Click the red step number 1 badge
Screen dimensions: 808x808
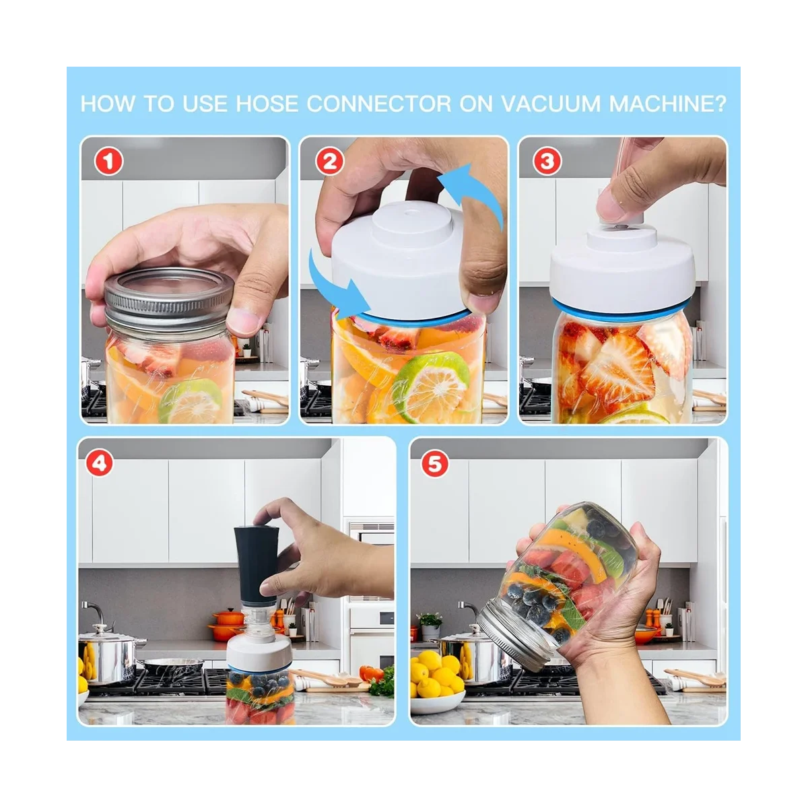point(108,162)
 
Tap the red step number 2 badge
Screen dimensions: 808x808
point(329,162)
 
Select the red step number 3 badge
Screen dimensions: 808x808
point(547,162)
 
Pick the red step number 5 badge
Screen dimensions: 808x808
point(435,464)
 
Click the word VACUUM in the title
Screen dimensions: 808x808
point(551,104)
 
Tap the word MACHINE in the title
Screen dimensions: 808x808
point(663,104)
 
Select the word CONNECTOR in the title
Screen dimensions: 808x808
point(379,104)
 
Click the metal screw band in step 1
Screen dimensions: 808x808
point(168,298)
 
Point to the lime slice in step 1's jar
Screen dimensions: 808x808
point(191,401)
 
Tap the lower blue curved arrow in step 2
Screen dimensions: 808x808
point(335,290)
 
